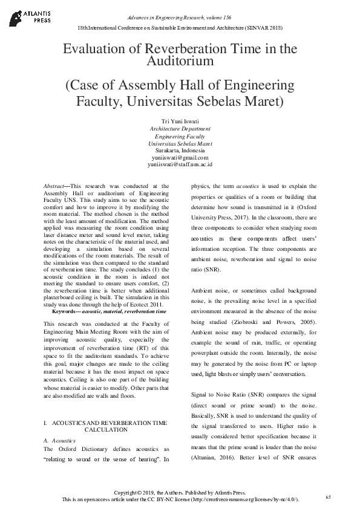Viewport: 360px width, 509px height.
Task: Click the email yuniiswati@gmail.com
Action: coord(180,157)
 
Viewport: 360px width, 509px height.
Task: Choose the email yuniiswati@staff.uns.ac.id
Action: coord(180,164)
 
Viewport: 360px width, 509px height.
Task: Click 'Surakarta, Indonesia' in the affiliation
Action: coord(180,151)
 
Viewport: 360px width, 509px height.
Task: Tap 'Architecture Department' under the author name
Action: coord(180,129)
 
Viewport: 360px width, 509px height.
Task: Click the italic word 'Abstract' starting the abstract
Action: coord(56,187)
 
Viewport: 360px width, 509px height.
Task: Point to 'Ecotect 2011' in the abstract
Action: coord(144,304)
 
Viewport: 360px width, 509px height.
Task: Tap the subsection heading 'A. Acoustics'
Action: coord(59,441)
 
